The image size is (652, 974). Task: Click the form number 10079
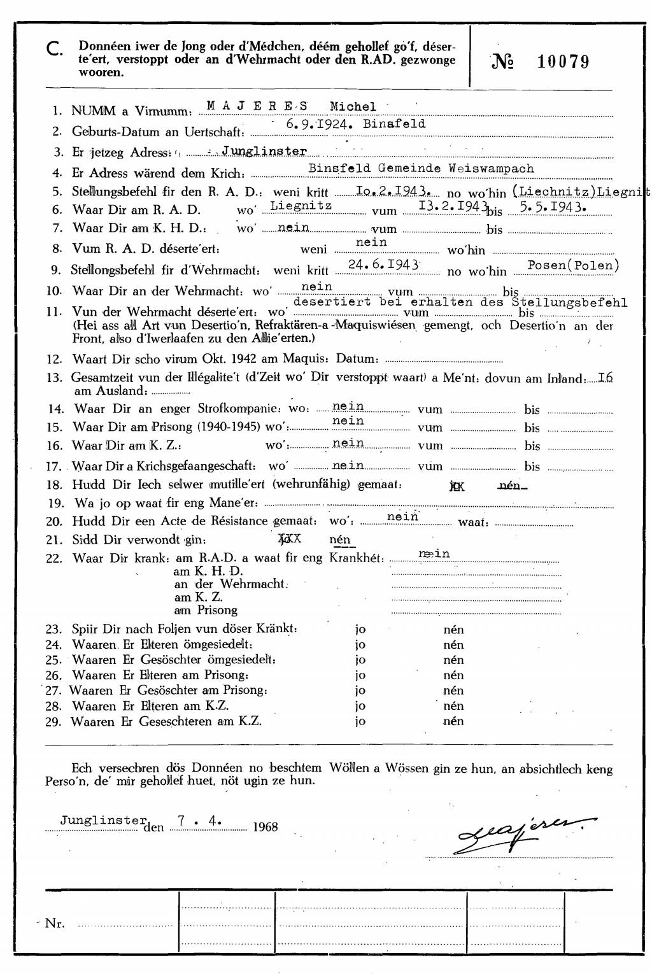pos(563,62)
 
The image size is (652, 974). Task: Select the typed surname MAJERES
pos(257,106)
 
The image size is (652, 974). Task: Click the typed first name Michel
pos(353,107)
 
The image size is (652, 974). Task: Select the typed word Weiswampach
pos(492,169)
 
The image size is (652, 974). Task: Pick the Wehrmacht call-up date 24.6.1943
pos(384,264)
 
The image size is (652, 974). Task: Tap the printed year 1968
pos(265,827)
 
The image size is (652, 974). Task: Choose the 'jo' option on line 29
pos(360,721)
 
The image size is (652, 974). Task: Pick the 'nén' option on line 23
pos(453,630)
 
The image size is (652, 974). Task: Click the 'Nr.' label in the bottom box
pos(55,923)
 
